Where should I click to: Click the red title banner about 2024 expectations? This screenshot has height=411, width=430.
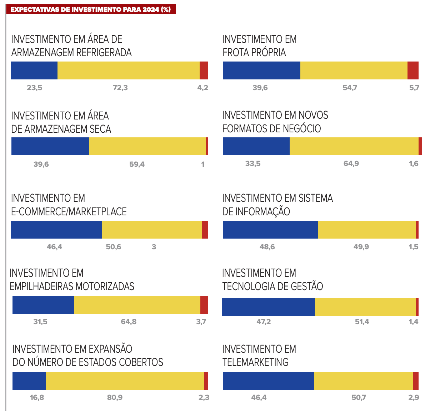coord(91,9)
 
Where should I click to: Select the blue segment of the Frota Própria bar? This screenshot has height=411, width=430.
coord(261,70)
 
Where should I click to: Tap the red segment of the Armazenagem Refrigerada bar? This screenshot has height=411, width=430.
coord(204,70)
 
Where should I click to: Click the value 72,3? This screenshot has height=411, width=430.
coord(120,88)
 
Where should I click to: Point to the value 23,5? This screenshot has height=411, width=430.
coord(34,88)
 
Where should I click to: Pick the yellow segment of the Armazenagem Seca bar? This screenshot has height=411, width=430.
coord(147,146)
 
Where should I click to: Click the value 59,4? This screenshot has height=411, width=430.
coord(137,164)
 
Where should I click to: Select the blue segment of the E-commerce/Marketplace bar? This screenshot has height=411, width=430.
coord(56,229)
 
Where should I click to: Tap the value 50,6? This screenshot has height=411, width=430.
coord(113,247)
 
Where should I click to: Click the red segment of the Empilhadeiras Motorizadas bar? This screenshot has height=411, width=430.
coord(204,304)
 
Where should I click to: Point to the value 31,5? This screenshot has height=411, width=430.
coord(40,322)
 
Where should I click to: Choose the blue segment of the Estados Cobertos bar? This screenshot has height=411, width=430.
coord(29,381)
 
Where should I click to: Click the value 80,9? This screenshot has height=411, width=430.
coord(115,397)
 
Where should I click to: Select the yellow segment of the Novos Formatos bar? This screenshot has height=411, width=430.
coord(354,146)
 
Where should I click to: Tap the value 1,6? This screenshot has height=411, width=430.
coord(413,163)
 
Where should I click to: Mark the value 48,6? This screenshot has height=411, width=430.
coord(267,247)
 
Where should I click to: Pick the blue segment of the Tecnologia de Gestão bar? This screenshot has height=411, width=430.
coord(269,307)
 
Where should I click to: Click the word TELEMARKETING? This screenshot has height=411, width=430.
coord(255,362)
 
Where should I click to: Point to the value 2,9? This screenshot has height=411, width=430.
coord(414,397)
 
